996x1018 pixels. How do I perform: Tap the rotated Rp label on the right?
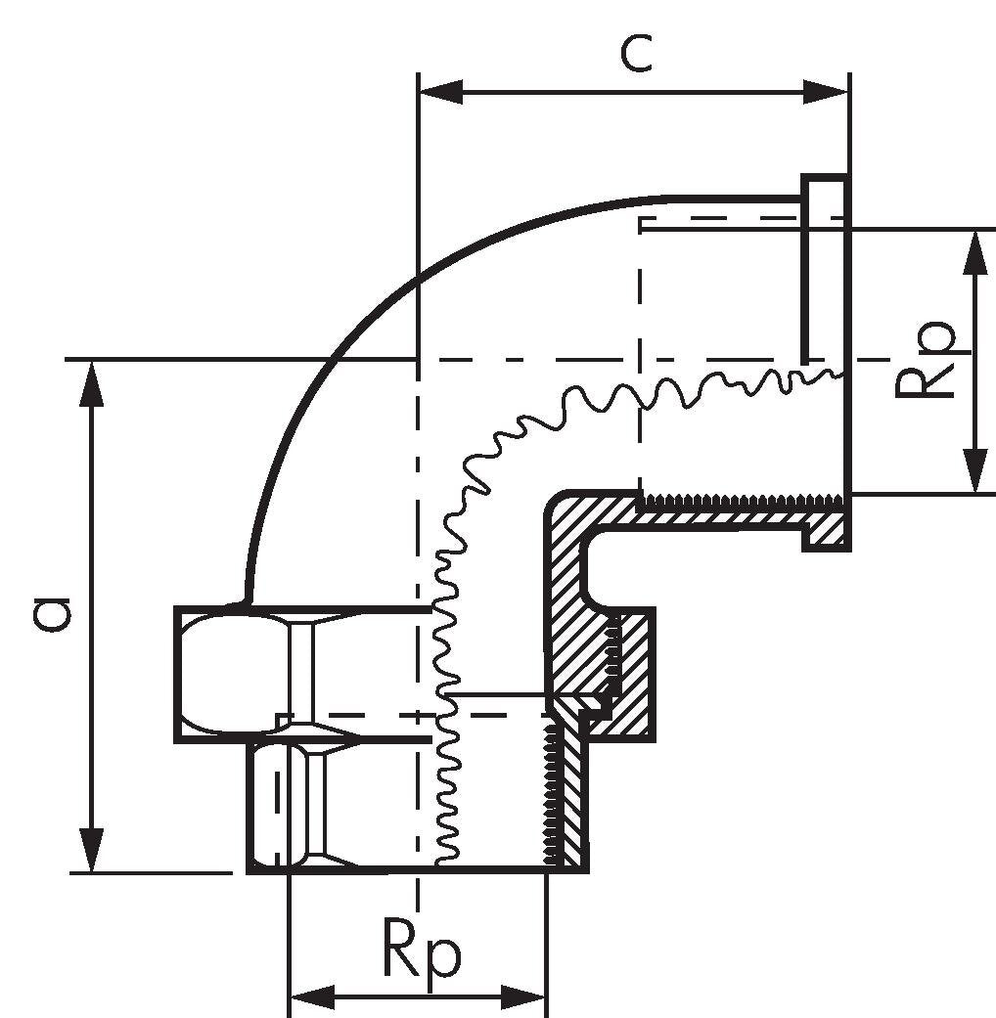(x=925, y=359)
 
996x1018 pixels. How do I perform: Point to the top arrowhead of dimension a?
(x=92, y=384)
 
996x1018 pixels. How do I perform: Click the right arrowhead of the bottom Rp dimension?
(x=523, y=996)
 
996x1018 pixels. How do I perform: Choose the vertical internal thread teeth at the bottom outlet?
(x=552, y=795)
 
